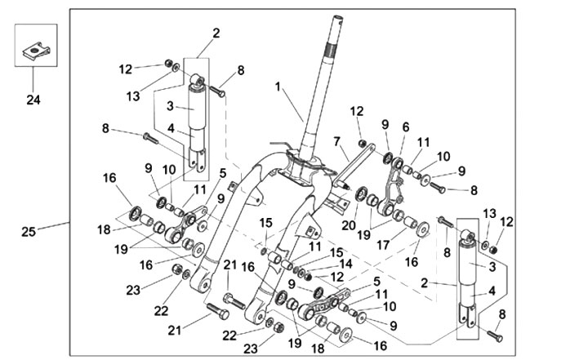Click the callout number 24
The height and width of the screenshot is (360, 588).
coord(33,100)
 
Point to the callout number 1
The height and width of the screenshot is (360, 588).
coord(278,86)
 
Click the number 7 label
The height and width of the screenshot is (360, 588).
coord(336,141)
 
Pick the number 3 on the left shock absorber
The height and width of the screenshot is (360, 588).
coord(171,105)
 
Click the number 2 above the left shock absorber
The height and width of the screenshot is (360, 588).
coord(216,33)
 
